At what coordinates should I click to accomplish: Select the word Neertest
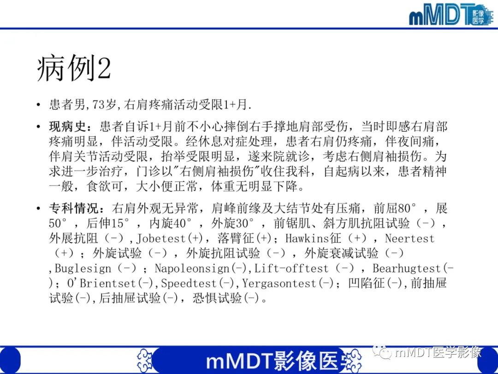click(x=410, y=239)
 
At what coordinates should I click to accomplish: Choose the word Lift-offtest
click(x=291, y=268)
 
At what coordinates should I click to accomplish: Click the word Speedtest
click(x=189, y=283)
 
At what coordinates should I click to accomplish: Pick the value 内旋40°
click(x=171, y=223)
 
